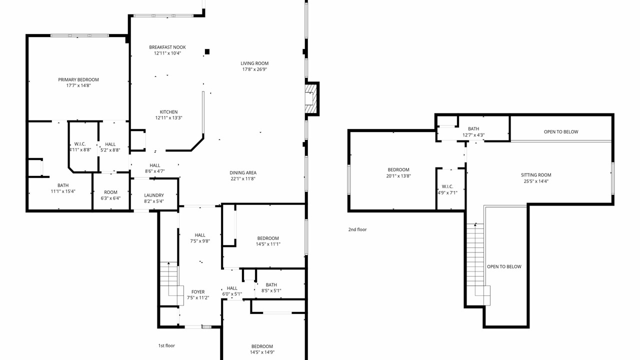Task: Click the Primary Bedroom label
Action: pyautogui.click(x=78, y=79)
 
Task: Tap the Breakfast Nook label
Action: pyautogui.click(x=167, y=47)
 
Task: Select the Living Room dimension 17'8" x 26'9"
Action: pyautogui.click(x=254, y=69)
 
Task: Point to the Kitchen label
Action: pyautogui.click(x=168, y=112)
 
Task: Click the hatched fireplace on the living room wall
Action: pyautogui.click(x=311, y=98)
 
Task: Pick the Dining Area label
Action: pyautogui.click(x=243, y=173)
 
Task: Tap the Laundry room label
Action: pyautogui.click(x=154, y=195)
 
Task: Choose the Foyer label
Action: pyautogui.click(x=198, y=292)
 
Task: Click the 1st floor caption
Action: pyautogui.click(x=166, y=345)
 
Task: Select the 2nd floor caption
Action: pyautogui.click(x=357, y=229)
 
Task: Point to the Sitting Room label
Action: pyautogui.click(x=536, y=175)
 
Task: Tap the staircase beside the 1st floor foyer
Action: pyautogui.click(x=171, y=283)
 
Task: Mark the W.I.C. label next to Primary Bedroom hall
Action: pyautogui.click(x=80, y=144)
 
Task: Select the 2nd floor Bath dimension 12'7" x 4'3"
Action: pyautogui.click(x=473, y=135)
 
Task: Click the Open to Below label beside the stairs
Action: pyautogui.click(x=504, y=266)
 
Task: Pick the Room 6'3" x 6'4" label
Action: pyautogui.click(x=110, y=195)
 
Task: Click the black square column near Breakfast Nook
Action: pyautogui.click(x=207, y=51)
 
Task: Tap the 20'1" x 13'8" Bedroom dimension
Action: pyautogui.click(x=398, y=176)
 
